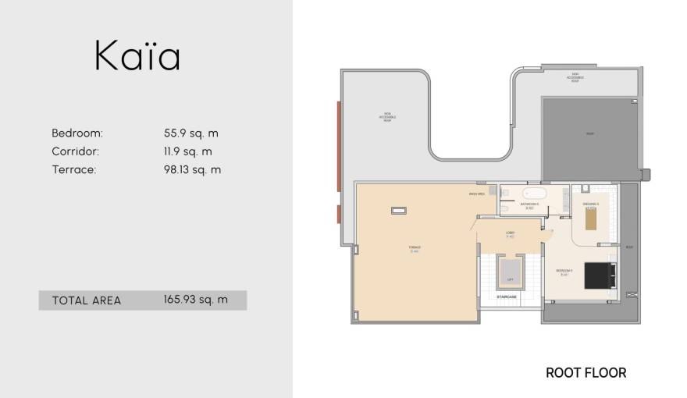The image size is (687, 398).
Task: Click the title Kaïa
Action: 137,56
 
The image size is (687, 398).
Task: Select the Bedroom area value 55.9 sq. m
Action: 187,133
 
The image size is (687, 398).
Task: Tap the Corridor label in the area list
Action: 75,151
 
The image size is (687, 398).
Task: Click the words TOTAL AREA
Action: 86,300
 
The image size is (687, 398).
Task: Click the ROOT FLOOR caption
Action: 586,373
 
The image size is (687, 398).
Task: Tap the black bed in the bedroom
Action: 600,274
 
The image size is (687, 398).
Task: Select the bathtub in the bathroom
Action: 537,193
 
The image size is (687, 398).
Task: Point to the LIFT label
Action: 510,279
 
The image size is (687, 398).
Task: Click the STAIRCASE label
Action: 507,297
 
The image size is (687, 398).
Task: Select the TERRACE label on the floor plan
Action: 414,249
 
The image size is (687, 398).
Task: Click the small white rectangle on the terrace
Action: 399,209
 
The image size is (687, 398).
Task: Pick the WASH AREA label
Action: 477,194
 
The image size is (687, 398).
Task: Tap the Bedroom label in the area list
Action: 77,133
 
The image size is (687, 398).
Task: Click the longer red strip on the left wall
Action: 338,148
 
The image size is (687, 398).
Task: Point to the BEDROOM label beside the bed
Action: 564,271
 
